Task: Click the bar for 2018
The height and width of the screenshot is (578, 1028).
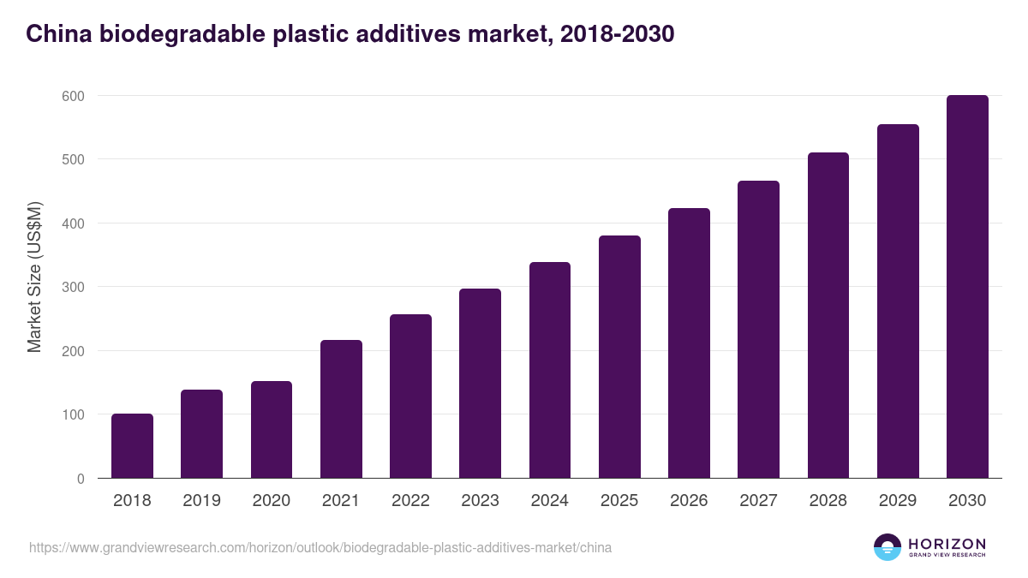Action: tap(132, 446)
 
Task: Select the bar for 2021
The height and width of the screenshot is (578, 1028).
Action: tap(341, 409)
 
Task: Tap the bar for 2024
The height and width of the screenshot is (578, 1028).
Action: tap(550, 370)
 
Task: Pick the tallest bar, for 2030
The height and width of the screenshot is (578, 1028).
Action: tap(967, 287)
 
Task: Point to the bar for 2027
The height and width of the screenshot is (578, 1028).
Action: tap(758, 330)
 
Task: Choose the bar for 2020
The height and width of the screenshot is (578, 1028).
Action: tap(272, 430)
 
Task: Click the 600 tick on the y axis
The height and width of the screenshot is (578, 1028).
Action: tap(73, 96)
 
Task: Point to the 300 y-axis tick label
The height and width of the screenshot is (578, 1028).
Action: tap(73, 288)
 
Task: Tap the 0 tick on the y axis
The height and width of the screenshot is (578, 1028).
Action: tap(80, 479)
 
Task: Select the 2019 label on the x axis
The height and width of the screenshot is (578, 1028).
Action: tap(201, 501)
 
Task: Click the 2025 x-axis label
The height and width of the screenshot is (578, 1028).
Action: tap(619, 501)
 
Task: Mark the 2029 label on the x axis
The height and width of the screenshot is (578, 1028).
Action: tap(898, 501)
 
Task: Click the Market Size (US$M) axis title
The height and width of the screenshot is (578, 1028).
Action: tap(34, 276)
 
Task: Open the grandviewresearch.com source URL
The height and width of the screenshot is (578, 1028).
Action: tap(320, 547)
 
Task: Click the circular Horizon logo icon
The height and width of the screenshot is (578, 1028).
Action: tap(888, 547)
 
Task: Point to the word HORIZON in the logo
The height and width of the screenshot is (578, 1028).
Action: tap(947, 543)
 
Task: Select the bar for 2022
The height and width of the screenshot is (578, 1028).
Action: tap(410, 396)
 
